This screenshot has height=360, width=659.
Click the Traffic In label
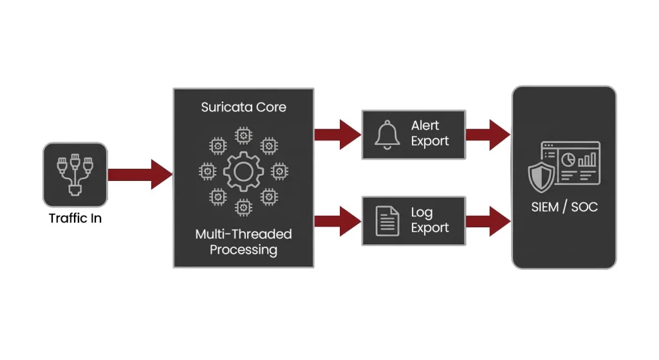coord(75,218)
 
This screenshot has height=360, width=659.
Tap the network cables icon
coord(75,174)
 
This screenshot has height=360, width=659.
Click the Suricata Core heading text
coord(243,107)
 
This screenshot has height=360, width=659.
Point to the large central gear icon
coord(243,171)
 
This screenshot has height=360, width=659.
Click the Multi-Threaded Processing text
coord(243,242)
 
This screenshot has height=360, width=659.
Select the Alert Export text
coord(430,134)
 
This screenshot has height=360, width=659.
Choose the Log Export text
coord(430,220)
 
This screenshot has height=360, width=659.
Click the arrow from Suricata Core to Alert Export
coord(338,135)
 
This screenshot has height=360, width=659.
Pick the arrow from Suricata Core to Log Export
coord(338,221)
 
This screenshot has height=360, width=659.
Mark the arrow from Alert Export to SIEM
coord(488,135)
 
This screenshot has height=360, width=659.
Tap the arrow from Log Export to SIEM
coord(488,221)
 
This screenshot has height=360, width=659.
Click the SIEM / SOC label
coord(564,207)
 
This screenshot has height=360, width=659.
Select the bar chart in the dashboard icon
coord(587,158)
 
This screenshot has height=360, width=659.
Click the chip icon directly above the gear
coord(243,135)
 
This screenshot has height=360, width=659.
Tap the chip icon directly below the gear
coord(243,207)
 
